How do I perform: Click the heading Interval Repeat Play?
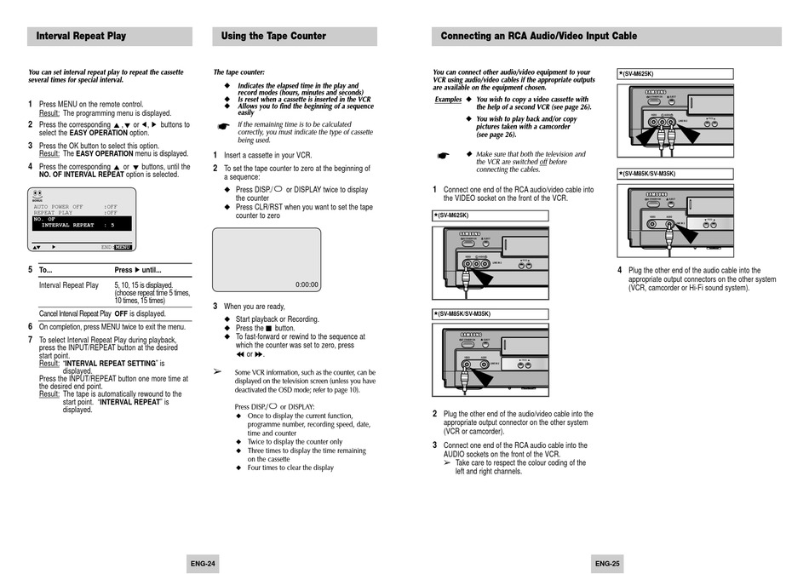(81, 37)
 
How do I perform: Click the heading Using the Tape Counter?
(273, 37)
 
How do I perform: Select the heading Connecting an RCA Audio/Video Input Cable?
(538, 37)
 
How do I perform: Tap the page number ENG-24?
(203, 563)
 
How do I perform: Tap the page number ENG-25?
(606, 563)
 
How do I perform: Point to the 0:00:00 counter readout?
(307, 284)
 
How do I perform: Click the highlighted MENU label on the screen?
(123, 247)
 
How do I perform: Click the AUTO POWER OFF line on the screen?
(59, 206)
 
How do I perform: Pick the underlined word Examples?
(448, 100)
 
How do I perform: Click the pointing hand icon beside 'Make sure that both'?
(442, 157)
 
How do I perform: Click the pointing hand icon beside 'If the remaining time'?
(223, 126)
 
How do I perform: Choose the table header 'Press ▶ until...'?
(138, 270)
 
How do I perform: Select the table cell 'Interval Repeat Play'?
(69, 285)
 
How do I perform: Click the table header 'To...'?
(46, 270)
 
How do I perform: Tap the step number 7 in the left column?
(30, 340)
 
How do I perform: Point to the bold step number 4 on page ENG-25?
(620, 270)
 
